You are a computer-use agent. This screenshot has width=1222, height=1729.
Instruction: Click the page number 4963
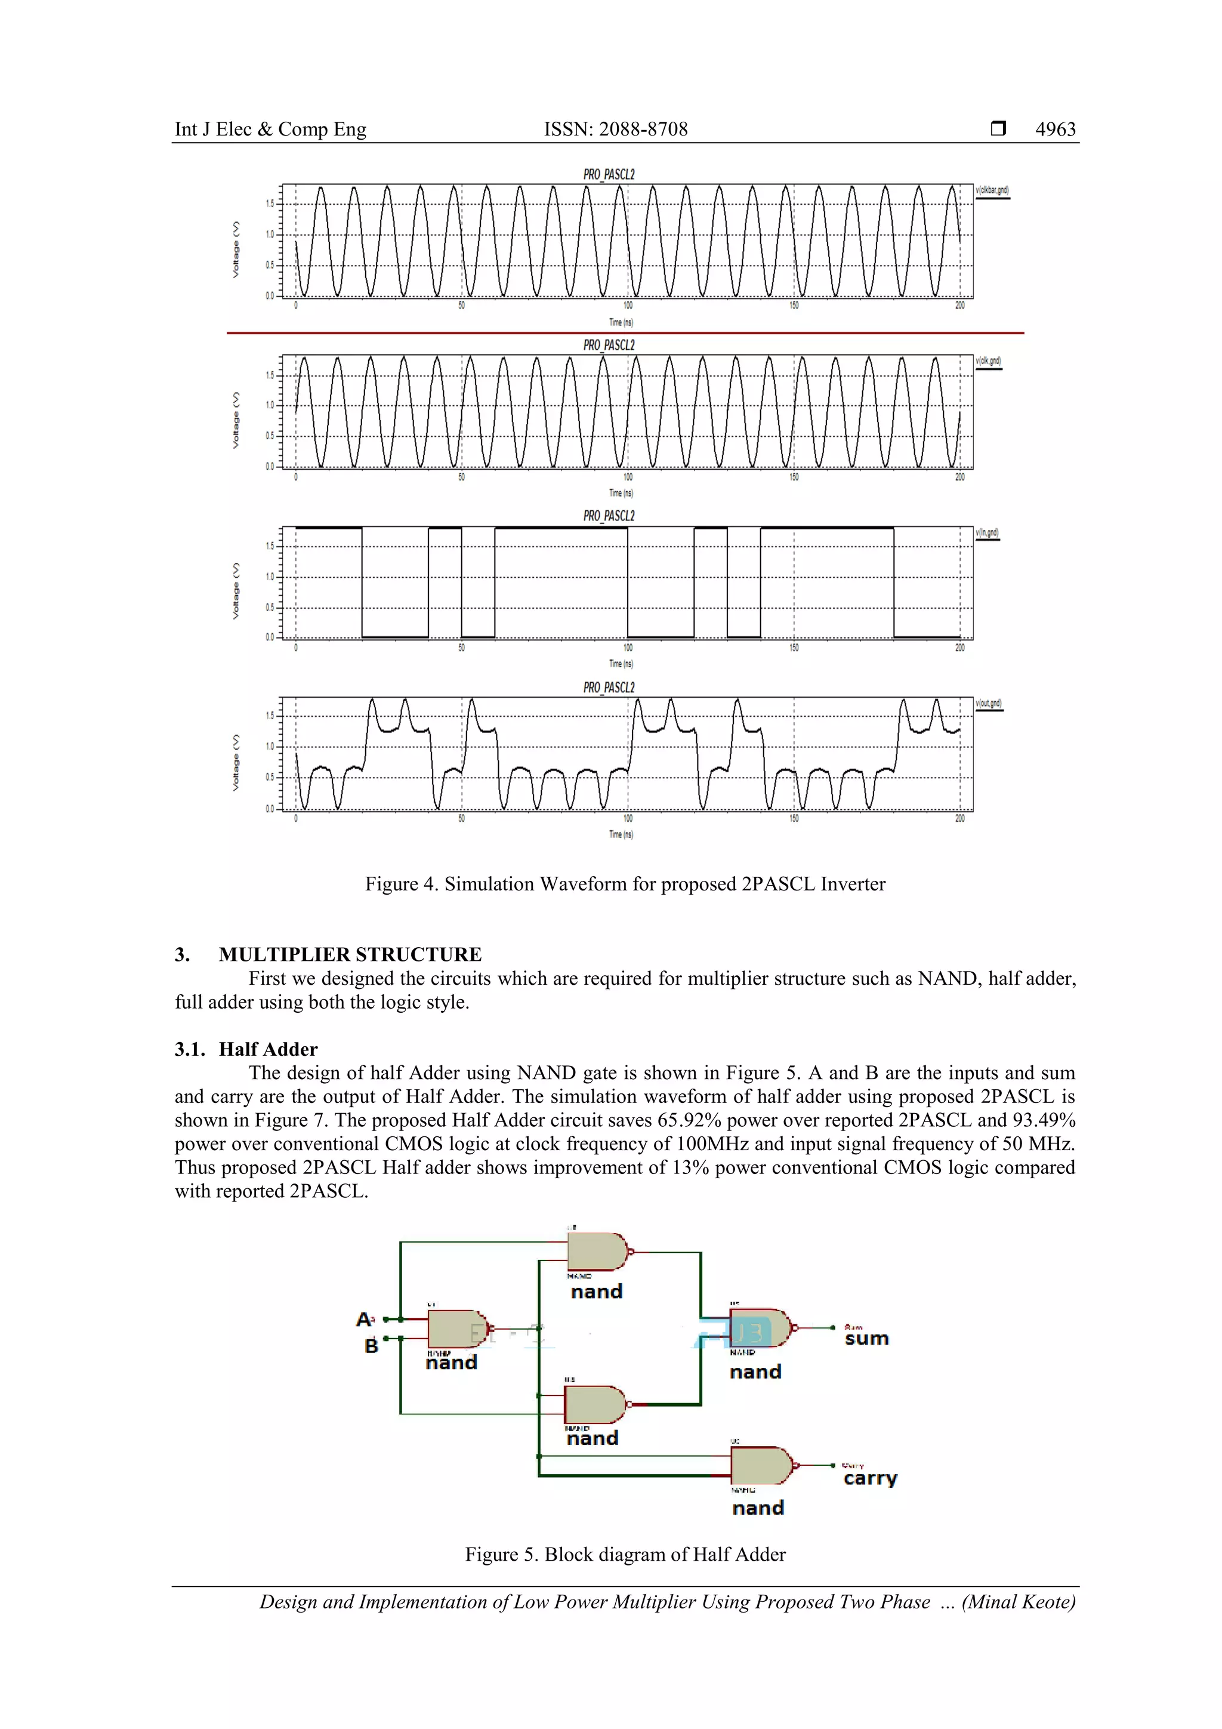[1055, 129]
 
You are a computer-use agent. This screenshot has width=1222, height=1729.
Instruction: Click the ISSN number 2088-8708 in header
[642, 129]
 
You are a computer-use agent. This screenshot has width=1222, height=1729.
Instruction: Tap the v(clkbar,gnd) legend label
[992, 190]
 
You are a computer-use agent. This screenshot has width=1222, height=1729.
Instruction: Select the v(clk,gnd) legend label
[988, 362]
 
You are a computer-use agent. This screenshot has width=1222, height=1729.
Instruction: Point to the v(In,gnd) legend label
[987, 532]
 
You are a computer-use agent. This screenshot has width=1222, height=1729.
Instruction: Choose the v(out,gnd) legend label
[989, 703]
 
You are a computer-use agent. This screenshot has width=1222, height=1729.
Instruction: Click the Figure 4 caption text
[625, 883]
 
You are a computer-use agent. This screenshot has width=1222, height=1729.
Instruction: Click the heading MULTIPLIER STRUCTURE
[350, 954]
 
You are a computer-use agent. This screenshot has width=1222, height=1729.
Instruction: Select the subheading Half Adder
[268, 1049]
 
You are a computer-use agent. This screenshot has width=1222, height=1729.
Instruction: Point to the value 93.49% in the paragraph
[1044, 1120]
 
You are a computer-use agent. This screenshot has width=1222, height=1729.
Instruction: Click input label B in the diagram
[371, 1346]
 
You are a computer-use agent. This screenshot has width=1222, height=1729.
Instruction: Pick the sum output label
[866, 1338]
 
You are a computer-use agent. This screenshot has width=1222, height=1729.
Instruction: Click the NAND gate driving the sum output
[759, 1329]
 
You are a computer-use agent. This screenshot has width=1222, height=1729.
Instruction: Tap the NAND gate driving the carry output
[760, 1465]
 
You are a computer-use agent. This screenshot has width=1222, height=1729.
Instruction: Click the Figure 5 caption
[625, 1554]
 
